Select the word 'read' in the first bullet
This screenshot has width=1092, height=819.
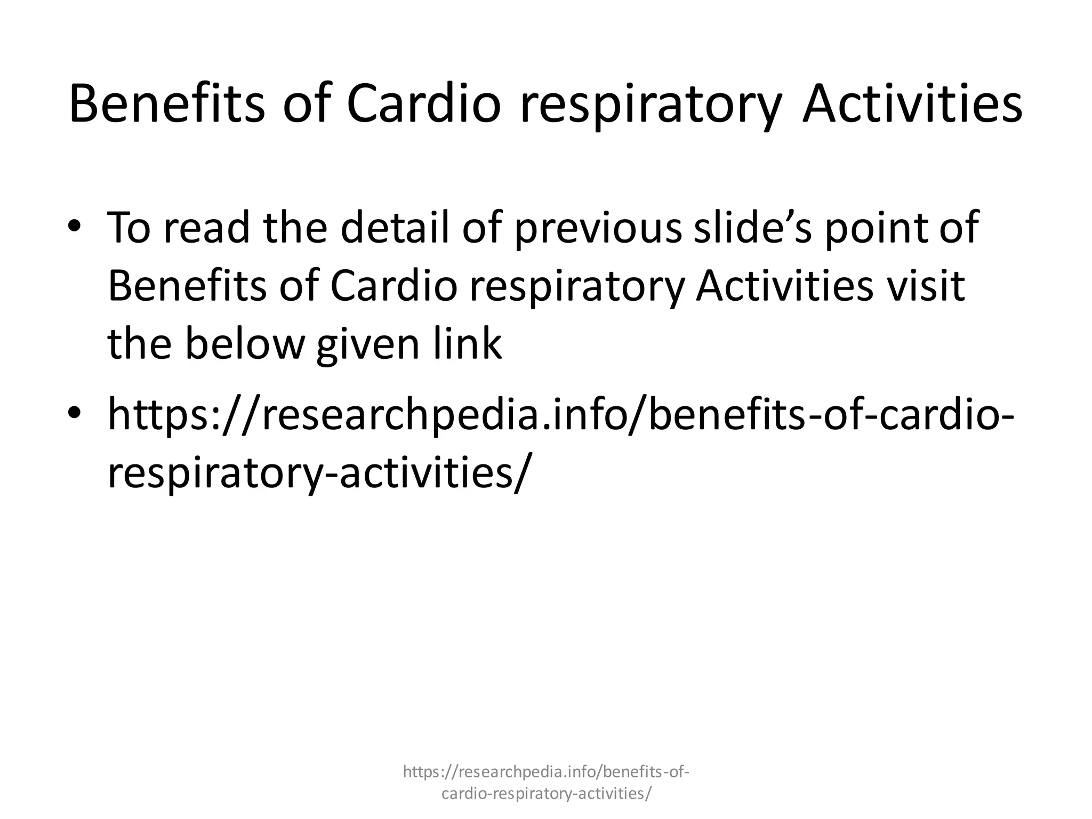pyautogui.click(x=206, y=228)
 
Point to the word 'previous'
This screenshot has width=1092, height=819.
pyautogui.click(x=598, y=229)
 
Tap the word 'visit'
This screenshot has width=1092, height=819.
pyautogui.click(x=925, y=286)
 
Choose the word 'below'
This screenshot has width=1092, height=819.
pyautogui.click(x=244, y=344)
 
